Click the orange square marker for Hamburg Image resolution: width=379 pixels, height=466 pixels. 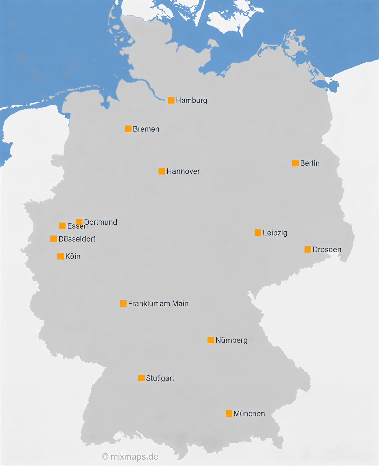[171, 100]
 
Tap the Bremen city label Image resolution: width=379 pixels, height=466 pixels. [146, 129]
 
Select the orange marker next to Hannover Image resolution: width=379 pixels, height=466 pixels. [162, 171]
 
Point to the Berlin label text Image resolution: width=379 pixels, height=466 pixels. [310, 163]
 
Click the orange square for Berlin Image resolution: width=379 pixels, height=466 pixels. [295, 163]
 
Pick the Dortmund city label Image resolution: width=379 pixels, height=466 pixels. [101, 222]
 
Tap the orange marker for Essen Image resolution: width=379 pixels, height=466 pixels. [62, 226]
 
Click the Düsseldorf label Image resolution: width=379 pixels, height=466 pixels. [77, 239]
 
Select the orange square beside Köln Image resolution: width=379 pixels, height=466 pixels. [61, 256]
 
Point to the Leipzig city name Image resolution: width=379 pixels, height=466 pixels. [275, 233]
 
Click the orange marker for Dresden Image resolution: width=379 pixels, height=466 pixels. [308, 249]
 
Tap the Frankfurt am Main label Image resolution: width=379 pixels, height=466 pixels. [158, 304]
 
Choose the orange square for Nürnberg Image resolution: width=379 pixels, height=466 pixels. [211, 340]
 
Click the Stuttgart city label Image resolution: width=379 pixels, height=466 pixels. [160, 378]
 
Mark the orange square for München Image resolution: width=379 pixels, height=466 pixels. [229, 414]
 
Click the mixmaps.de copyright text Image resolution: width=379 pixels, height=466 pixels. [130, 457]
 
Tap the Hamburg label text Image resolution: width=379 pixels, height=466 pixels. [192, 100]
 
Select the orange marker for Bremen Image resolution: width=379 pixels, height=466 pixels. [128, 129]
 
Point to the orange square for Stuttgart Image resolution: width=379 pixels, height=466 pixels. [141, 378]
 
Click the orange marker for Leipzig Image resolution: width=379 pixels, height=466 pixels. [258, 233]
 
